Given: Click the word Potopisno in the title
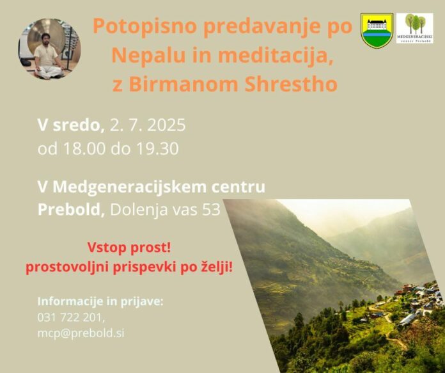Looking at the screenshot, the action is point(144,27).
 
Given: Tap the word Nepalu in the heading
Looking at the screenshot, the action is point(148,55).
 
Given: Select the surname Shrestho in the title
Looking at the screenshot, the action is point(291,84).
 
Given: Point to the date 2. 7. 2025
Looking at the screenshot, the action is point(148,125).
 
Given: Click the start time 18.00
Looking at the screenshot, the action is point(84,148).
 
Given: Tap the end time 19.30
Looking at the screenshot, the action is point(157,148).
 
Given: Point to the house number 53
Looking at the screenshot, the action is point(212,209).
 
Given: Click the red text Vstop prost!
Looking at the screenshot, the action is point(129,248).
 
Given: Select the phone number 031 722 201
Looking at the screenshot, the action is point(71,317).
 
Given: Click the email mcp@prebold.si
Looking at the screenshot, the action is point(81,333).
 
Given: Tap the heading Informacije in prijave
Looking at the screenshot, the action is point(100,301).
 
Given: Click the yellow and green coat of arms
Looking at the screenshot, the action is point(377,30).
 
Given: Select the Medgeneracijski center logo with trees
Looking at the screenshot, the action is point(415,28).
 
